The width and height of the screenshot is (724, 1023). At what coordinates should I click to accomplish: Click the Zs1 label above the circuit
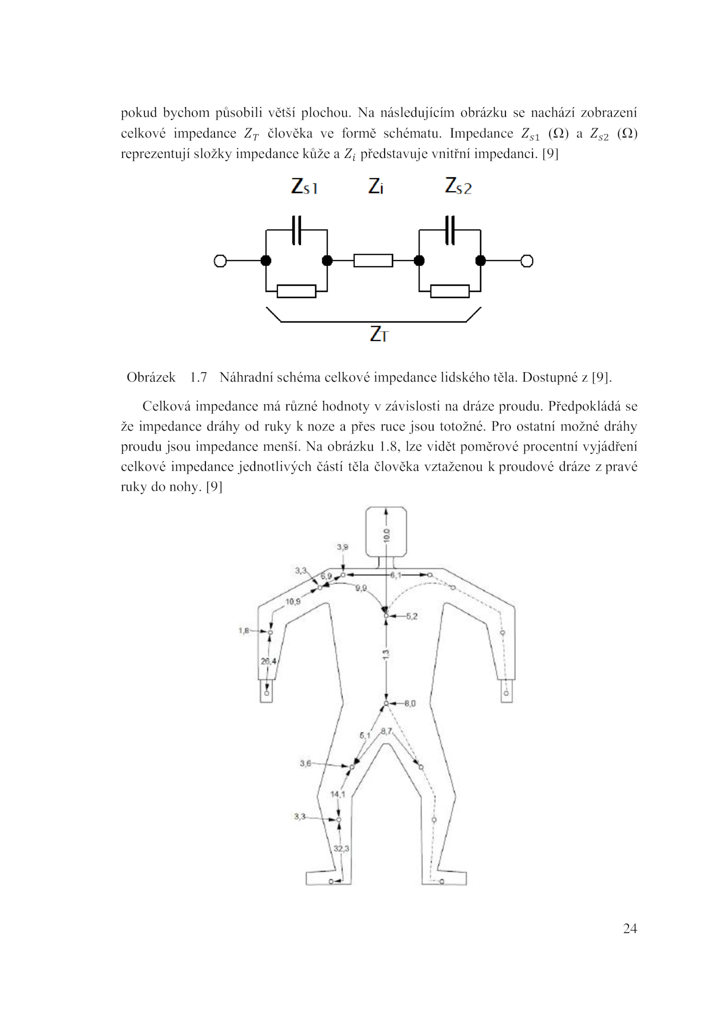click(304, 186)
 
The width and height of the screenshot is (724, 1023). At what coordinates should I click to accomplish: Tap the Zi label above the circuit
click(376, 186)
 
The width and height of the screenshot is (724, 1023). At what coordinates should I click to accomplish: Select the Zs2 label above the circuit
click(458, 186)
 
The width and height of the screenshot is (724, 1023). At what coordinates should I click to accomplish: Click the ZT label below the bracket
click(379, 334)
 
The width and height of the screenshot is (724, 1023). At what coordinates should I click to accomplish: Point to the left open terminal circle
click(220, 261)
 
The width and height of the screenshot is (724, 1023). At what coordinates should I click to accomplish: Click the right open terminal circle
click(527, 261)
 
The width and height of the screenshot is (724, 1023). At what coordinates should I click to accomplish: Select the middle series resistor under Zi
click(373, 260)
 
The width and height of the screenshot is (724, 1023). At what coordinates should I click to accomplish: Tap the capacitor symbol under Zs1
click(296, 230)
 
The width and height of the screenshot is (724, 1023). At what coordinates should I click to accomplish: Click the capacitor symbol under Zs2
click(450, 230)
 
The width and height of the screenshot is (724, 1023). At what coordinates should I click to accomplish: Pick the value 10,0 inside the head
click(386, 535)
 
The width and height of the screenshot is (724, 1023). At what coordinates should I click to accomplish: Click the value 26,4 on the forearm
click(268, 661)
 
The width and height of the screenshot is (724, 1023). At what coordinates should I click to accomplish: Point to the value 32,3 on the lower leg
click(341, 848)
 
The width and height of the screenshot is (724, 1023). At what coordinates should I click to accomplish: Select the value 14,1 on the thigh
click(338, 794)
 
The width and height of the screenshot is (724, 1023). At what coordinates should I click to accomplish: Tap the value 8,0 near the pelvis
click(410, 703)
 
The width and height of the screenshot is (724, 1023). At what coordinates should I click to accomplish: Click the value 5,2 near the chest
click(411, 616)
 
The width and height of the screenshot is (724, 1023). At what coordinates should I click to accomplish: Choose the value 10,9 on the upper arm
click(293, 601)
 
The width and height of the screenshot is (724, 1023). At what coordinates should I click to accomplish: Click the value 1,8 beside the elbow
click(243, 630)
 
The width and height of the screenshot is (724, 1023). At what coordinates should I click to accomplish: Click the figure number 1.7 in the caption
click(198, 377)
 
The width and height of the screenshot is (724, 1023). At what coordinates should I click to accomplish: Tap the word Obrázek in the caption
click(151, 377)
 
